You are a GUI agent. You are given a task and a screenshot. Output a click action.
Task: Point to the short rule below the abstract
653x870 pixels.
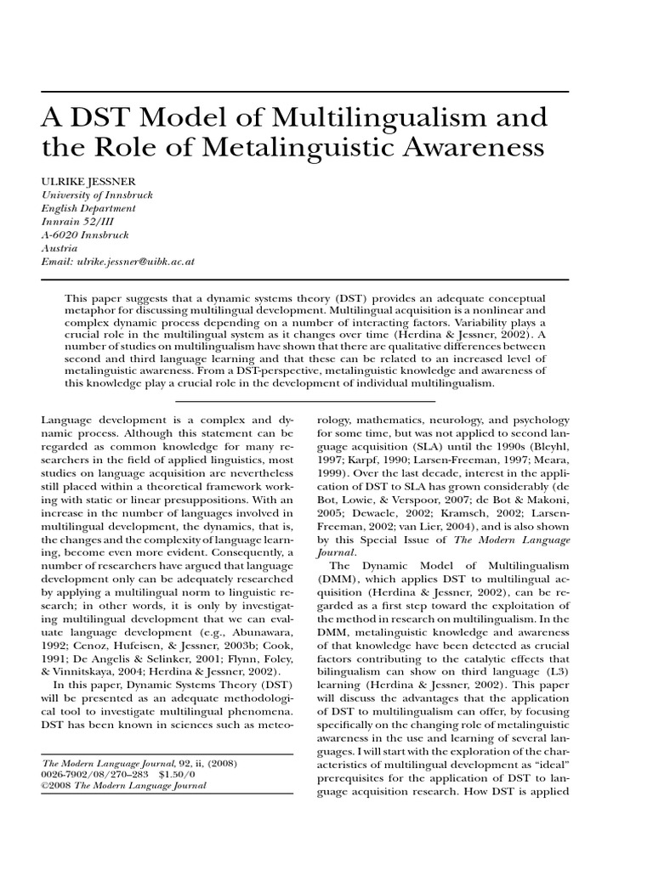coord(326,400)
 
